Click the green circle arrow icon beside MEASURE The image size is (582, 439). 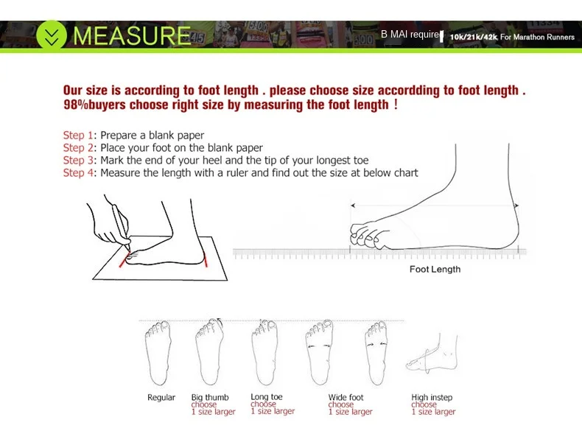pyautogui.click(x=52, y=35)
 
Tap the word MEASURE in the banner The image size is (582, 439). pyautogui.click(x=132, y=35)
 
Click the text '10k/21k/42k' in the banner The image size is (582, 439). pyautogui.click(x=473, y=37)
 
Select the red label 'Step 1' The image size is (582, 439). pyautogui.click(x=78, y=136)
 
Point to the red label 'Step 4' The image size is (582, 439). pyautogui.click(x=78, y=173)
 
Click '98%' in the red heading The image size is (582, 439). pyautogui.click(x=76, y=105)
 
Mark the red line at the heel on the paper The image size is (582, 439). pyautogui.click(x=206, y=260)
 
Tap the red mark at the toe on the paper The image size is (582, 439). pyautogui.click(x=124, y=259)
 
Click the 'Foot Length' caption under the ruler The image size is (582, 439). pyautogui.click(x=435, y=270)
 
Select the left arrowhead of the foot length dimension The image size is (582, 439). pyautogui.click(x=353, y=206)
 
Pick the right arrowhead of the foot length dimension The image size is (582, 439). pyautogui.click(x=516, y=206)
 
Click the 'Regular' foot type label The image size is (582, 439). pyautogui.click(x=161, y=398)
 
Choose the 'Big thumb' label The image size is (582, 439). pyautogui.click(x=210, y=397)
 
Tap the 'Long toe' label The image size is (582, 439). pyautogui.click(x=267, y=397)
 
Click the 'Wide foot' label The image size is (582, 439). pyautogui.click(x=346, y=397)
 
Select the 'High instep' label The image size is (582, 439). pyautogui.click(x=432, y=398)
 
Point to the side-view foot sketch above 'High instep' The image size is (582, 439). pyautogui.click(x=432, y=354)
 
